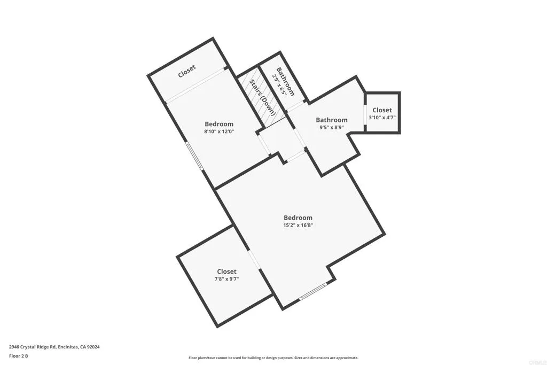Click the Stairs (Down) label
(x=261, y=97)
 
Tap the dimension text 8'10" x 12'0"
(x=219, y=131)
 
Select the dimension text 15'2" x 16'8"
(x=298, y=226)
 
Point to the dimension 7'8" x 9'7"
(x=226, y=279)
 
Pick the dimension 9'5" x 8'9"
(x=332, y=128)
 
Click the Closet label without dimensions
(x=187, y=72)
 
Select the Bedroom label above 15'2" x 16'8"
(x=298, y=218)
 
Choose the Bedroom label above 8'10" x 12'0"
(x=219, y=124)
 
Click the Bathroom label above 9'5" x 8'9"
(x=332, y=120)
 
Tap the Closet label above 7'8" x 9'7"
(x=226, y=271)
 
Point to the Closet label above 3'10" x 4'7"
(x=382, y=110)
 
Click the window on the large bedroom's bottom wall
(x=313, y=292)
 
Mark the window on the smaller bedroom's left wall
(x=194, y=156)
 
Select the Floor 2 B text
(x=19, y=355)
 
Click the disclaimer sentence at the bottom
(x=273, y=358)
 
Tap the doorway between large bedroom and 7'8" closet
(x=255, y=259)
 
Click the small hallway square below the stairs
(x=281, y=142)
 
